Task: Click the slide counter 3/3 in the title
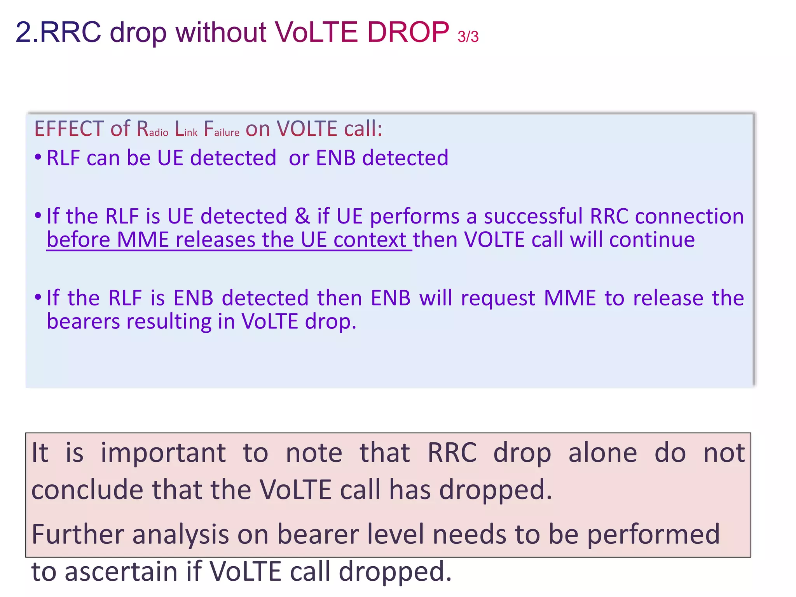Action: pyautogui.click(x=468, y=37)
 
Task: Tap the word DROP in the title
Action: pyautogui.click(x=408, y=32)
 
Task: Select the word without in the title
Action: pyautogui.click(x=221, y=32)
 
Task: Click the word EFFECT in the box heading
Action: pyautogui.click(x=69, y=129)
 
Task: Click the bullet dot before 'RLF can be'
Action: pyautogui.click(x=38, y=157)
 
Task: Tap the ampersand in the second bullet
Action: pyautogui.click(x=302, y=216)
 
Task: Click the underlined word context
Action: pyautogui.click(x=370, y=240)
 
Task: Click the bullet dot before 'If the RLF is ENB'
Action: pyautogui.click(x=38, y=297)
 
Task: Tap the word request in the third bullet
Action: pyautogui.click(x=498, y=298)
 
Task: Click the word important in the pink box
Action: pyautogui.click(x=163, y=453)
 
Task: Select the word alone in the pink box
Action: pyautogui.click(x=602, y=453)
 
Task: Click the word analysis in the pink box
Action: pyautogui.click(x=180, y=535)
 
